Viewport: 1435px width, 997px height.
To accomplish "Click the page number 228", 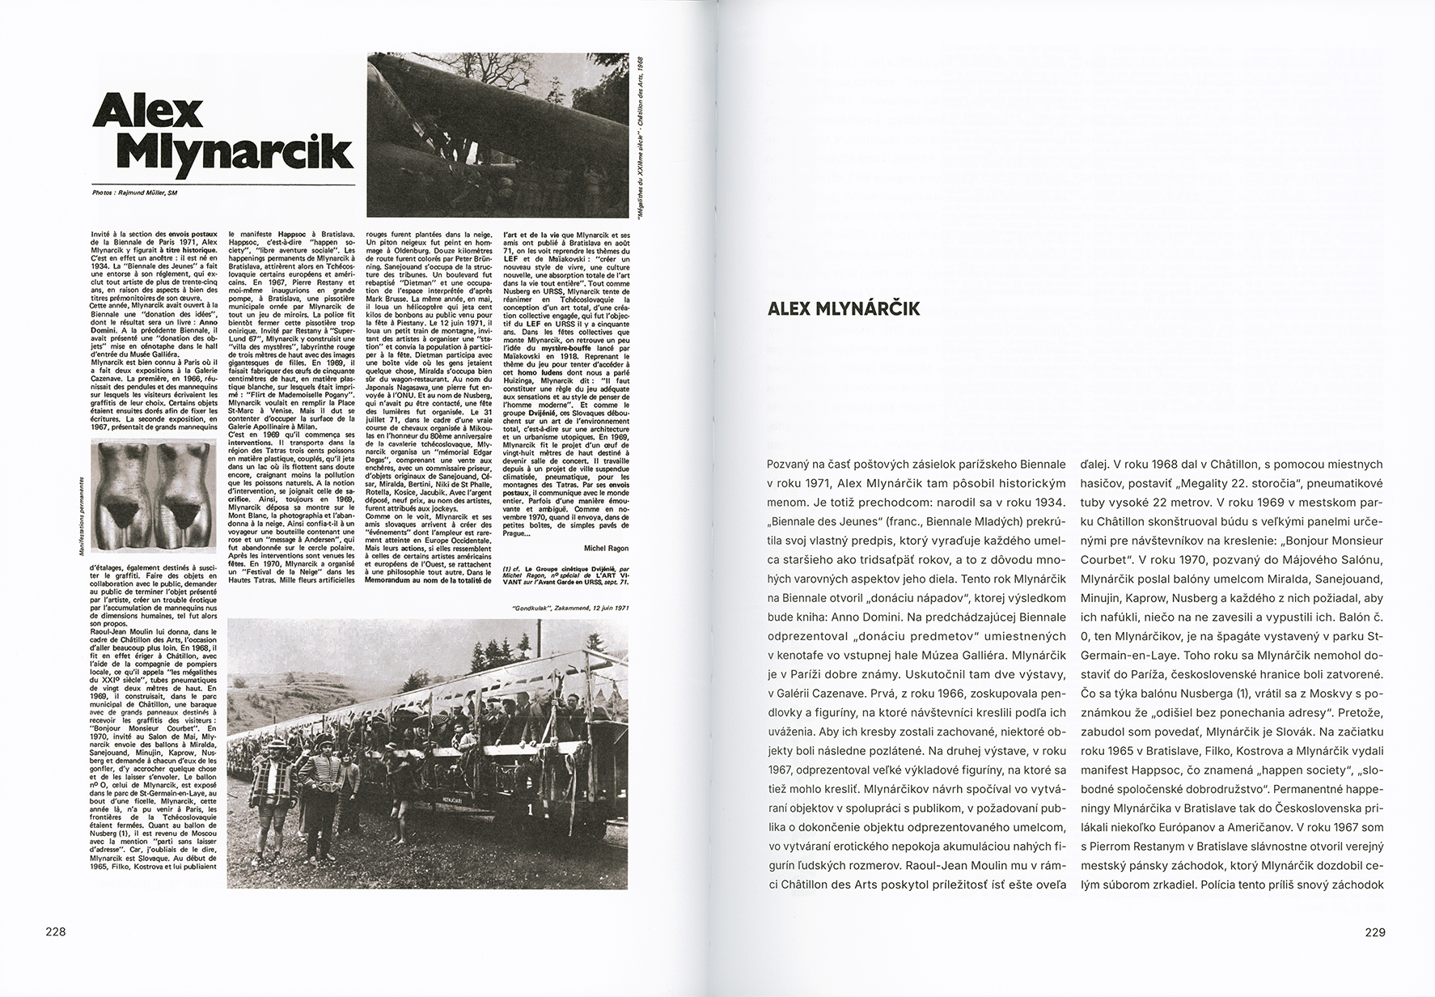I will [x=55, y=931].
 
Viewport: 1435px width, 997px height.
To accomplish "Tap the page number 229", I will [x=1375, y=931].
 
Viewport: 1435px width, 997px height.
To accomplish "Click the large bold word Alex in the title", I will [x=148, y=111].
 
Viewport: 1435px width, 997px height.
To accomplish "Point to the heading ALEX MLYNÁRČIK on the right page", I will [x=842, y=308].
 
